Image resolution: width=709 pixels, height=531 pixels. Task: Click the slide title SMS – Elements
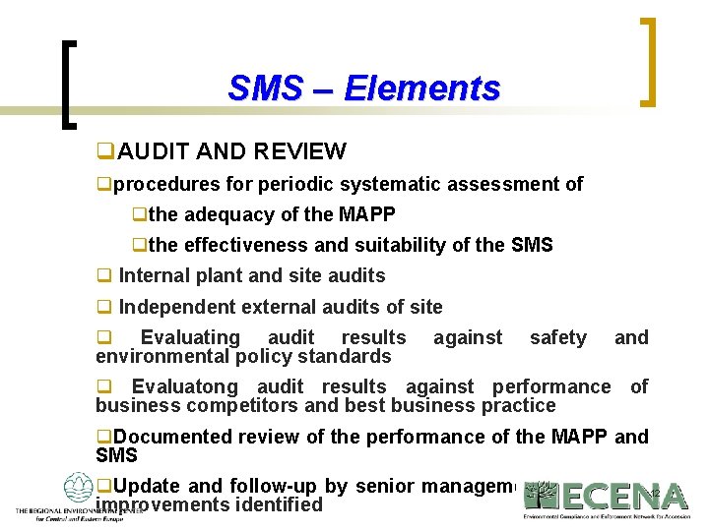pyautogui.click(x=363, y=88)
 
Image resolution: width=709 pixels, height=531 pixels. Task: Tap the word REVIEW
pyautogui.click(x=299, y=151)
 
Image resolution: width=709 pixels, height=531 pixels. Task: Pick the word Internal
pyautogui.click(x=154, y=275)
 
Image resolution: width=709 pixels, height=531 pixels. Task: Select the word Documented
pyautogui.click(x=171, y=437)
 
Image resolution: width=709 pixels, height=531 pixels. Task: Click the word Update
pyautogui.click(x=148, y=487)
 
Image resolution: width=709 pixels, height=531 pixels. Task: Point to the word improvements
pyautogui.click(x=159, y=505)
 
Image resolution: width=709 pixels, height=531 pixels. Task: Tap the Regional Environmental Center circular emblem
pyautogui.click(x=78, y=489)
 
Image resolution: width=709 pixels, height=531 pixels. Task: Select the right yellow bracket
pyautogui.click(x=647, y=61)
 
